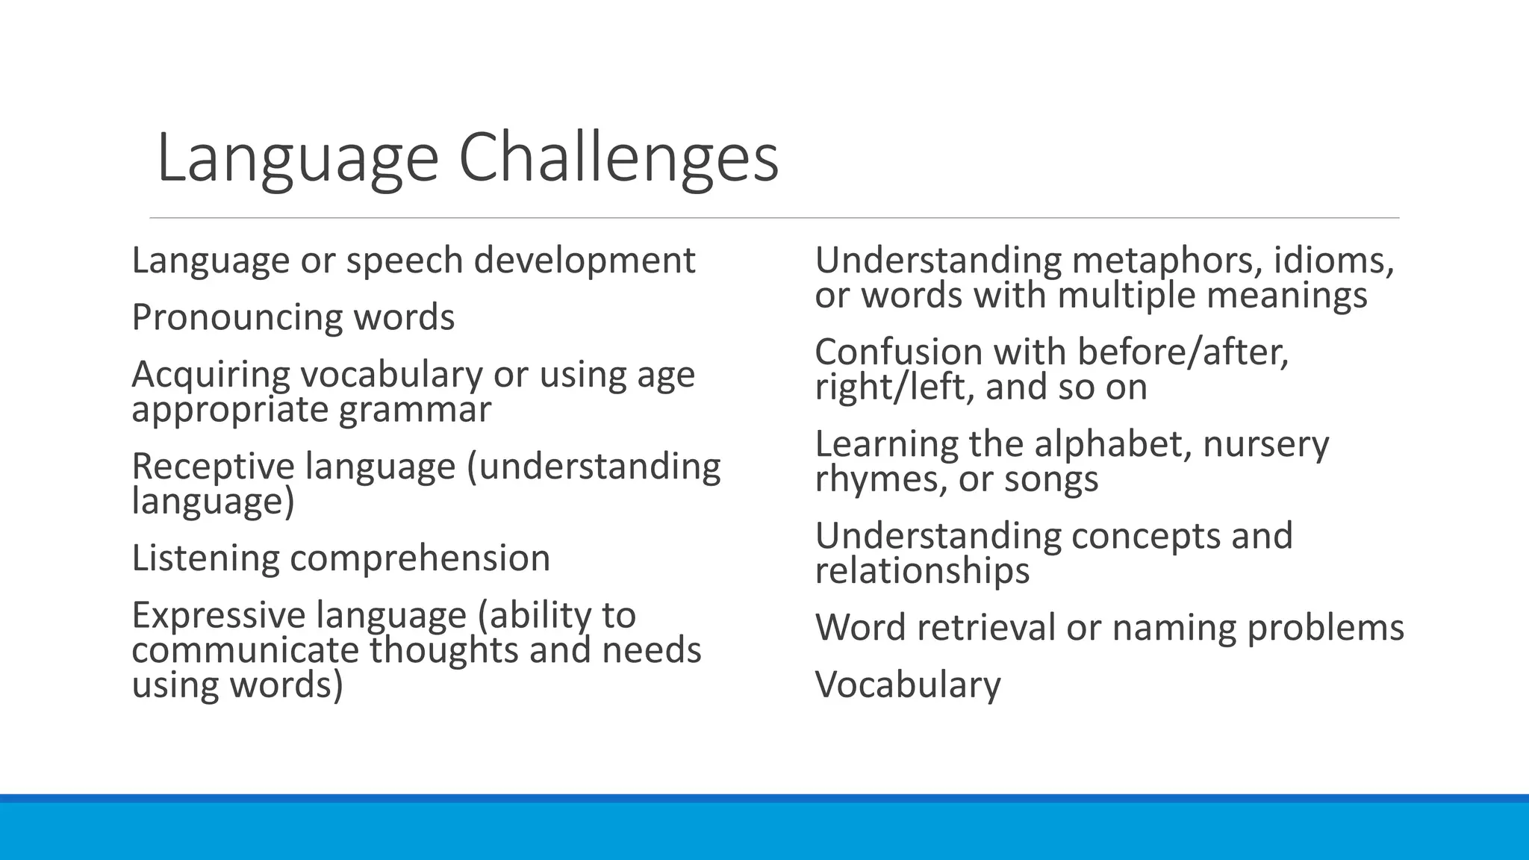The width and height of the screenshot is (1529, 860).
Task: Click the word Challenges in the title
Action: pos(618,159)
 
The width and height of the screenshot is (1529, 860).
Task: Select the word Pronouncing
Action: pos(237,318)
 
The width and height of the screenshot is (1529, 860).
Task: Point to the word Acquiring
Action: pos(211,375)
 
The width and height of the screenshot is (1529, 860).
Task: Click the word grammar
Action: pos(414,410)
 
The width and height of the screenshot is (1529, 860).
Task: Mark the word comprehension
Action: pos(420,558)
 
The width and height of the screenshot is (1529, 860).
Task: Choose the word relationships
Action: pos(922,571)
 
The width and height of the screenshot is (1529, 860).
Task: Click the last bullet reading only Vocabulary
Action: pos(908,685)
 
